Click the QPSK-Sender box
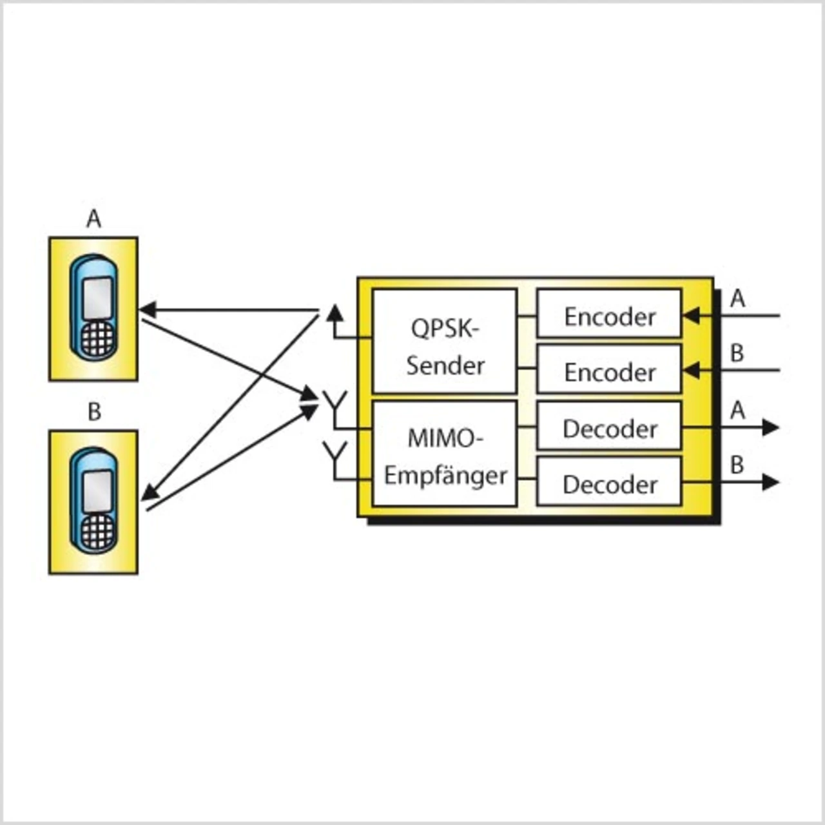coord(445,341)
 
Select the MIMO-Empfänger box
coord(445,454)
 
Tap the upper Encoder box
coord(609,314)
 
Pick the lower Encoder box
coord(609,369)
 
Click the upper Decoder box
coord(609,426)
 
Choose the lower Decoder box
coord(609,481)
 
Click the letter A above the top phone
coord(93,219)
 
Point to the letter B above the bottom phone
coord(94,411)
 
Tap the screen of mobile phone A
coord(98,297)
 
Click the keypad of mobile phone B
coord(97,532)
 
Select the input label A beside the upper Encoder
coord(737,298)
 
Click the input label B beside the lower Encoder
coord(737,353)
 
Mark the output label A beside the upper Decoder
coord(737,410)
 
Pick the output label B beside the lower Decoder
coord(737,464)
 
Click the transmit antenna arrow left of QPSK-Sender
coord(335,313)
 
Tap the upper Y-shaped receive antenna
coord(335,403)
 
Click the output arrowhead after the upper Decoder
coord(770,427)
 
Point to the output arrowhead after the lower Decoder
coord(770,481)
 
